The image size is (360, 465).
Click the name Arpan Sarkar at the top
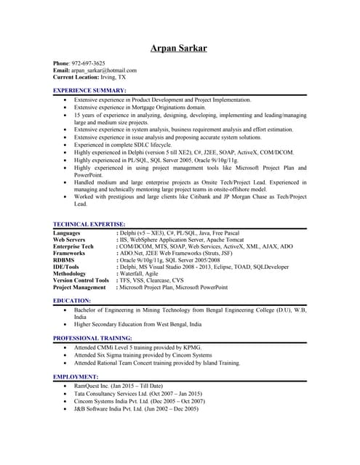click(x=178, y=49)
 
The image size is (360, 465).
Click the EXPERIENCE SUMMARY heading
click(x=90, y=90)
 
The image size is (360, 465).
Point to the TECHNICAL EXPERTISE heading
click(x=89, y=225)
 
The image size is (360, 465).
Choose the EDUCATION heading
click(x=72, y=300)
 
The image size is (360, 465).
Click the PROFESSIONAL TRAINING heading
click(x=93, y=339)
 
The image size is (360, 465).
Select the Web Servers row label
click(x=69, y=240)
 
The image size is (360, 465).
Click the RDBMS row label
click(x=64, y=260)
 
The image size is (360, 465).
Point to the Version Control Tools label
click(x=81, y=280)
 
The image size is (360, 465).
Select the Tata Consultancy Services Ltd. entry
click(x=138, y=393)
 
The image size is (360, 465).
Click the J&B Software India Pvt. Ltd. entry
click(x=136, y=409)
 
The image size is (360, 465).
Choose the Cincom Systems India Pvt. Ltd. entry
click(x=138, y=401)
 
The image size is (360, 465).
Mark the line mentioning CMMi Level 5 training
click(x=137, y=347)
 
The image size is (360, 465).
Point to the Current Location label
click(x=77, y=76)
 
